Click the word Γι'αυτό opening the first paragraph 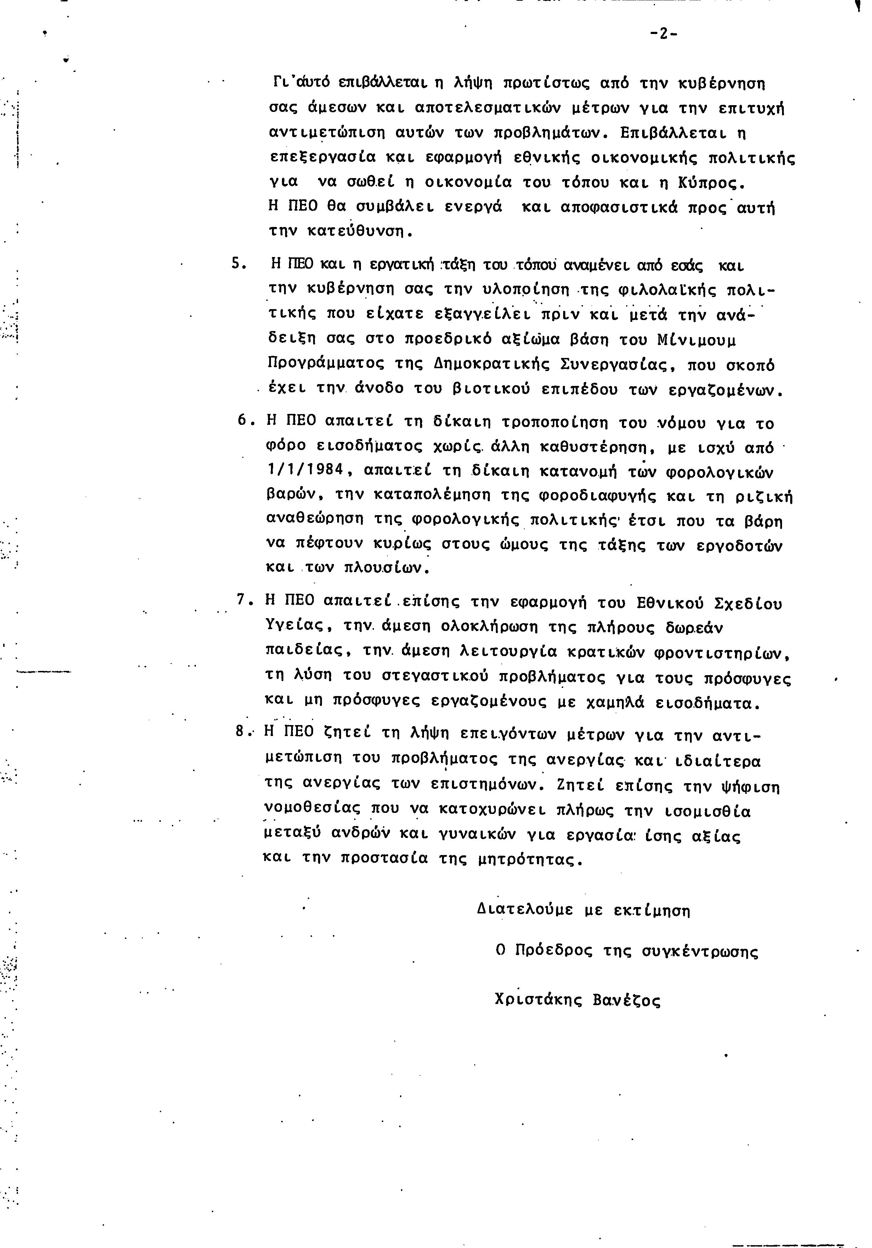(301, 83)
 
